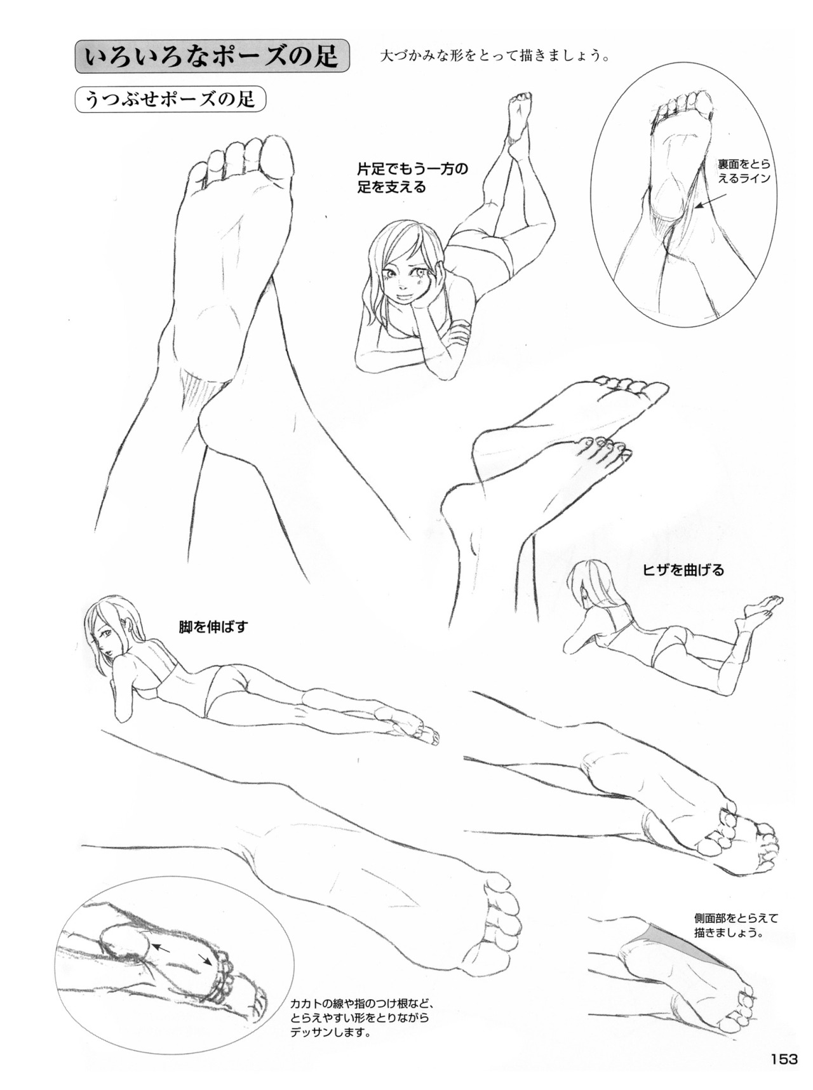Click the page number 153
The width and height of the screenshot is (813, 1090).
(x=784, y=1059)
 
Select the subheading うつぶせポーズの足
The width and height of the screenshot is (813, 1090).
(x=170, y=100)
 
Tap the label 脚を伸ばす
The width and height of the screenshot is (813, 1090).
(x=213, y=627)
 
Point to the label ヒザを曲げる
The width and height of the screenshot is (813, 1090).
(x=683, y=570)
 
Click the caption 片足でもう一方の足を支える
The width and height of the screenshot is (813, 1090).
(x=412, y=178)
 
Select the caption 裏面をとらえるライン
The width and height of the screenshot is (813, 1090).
(x=744, y=171)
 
